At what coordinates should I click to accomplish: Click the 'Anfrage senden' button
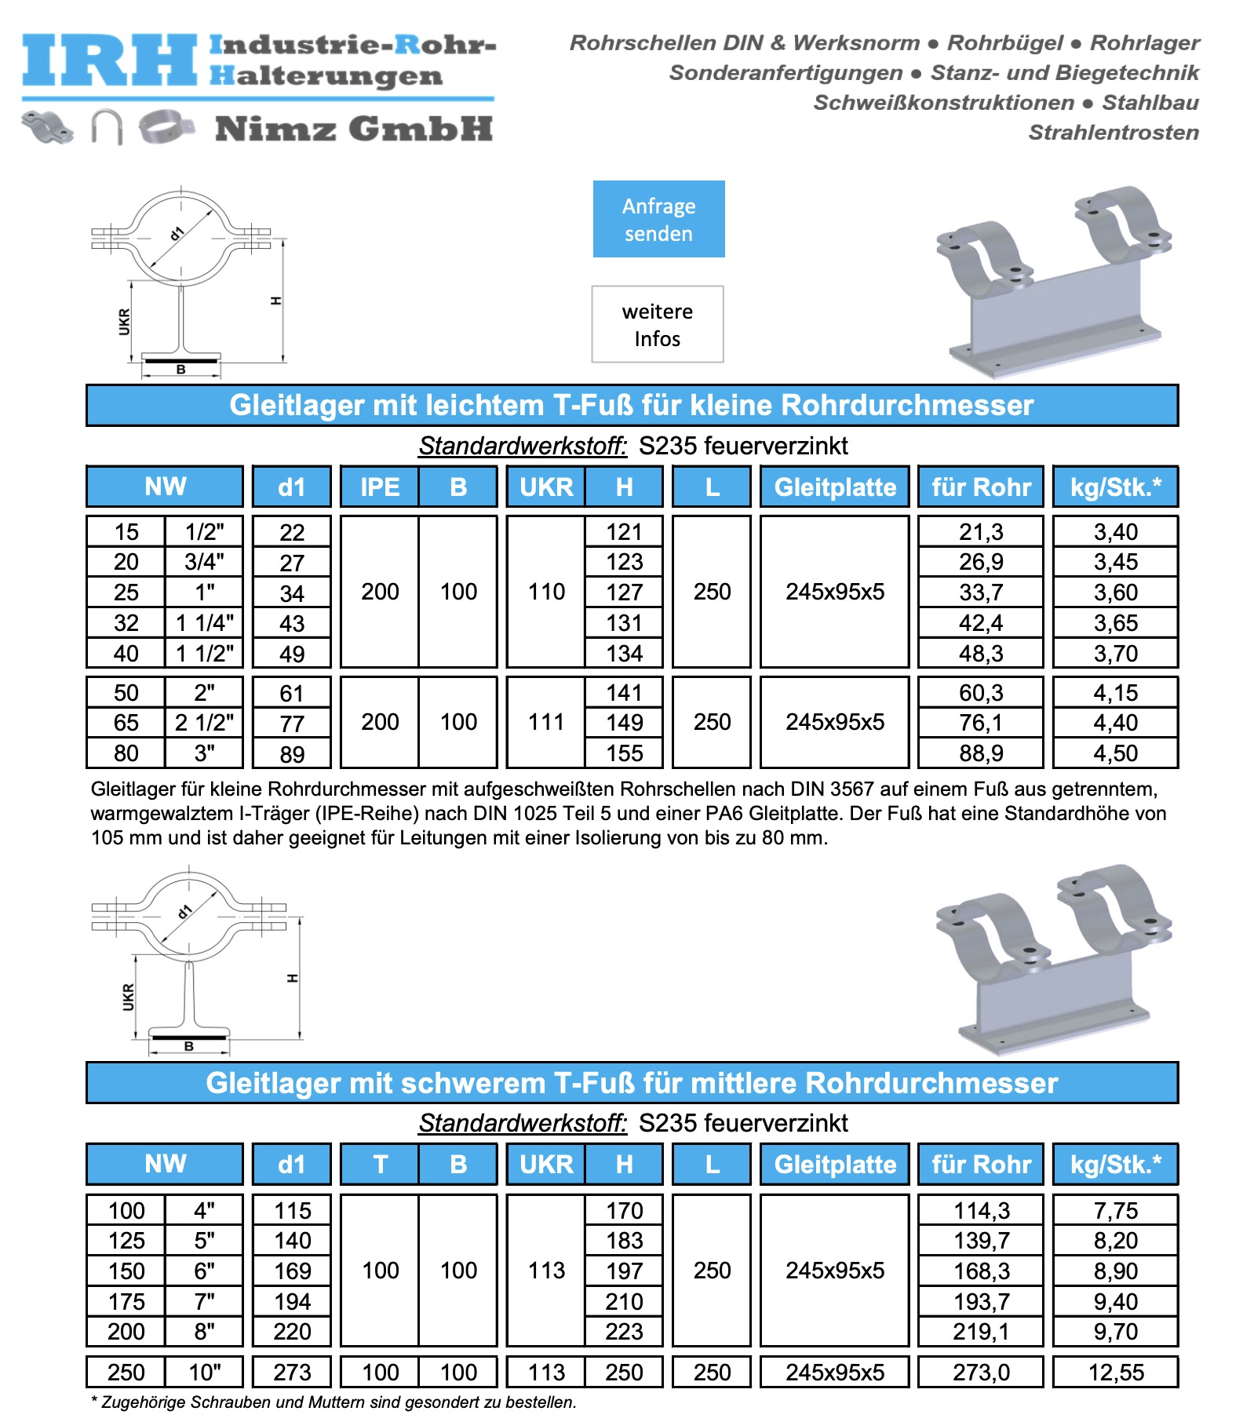658,219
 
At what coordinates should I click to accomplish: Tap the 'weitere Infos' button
658,324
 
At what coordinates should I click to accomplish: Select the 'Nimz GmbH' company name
353,129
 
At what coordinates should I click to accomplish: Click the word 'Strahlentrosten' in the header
1114,132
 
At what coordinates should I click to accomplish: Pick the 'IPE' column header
380,487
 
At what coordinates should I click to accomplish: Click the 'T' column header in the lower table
380,1164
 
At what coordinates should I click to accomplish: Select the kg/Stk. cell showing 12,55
1115,1372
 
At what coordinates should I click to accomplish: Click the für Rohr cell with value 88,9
981,753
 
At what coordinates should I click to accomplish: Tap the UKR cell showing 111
546,722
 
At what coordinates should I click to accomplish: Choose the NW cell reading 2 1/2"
204,722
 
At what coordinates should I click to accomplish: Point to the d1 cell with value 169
292,1271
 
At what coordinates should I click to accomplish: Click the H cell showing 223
624,1331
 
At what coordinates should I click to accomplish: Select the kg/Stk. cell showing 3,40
1115,531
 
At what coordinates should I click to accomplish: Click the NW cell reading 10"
204,1372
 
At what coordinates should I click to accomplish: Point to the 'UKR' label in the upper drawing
124,322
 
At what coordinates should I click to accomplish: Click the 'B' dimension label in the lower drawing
188,1046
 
